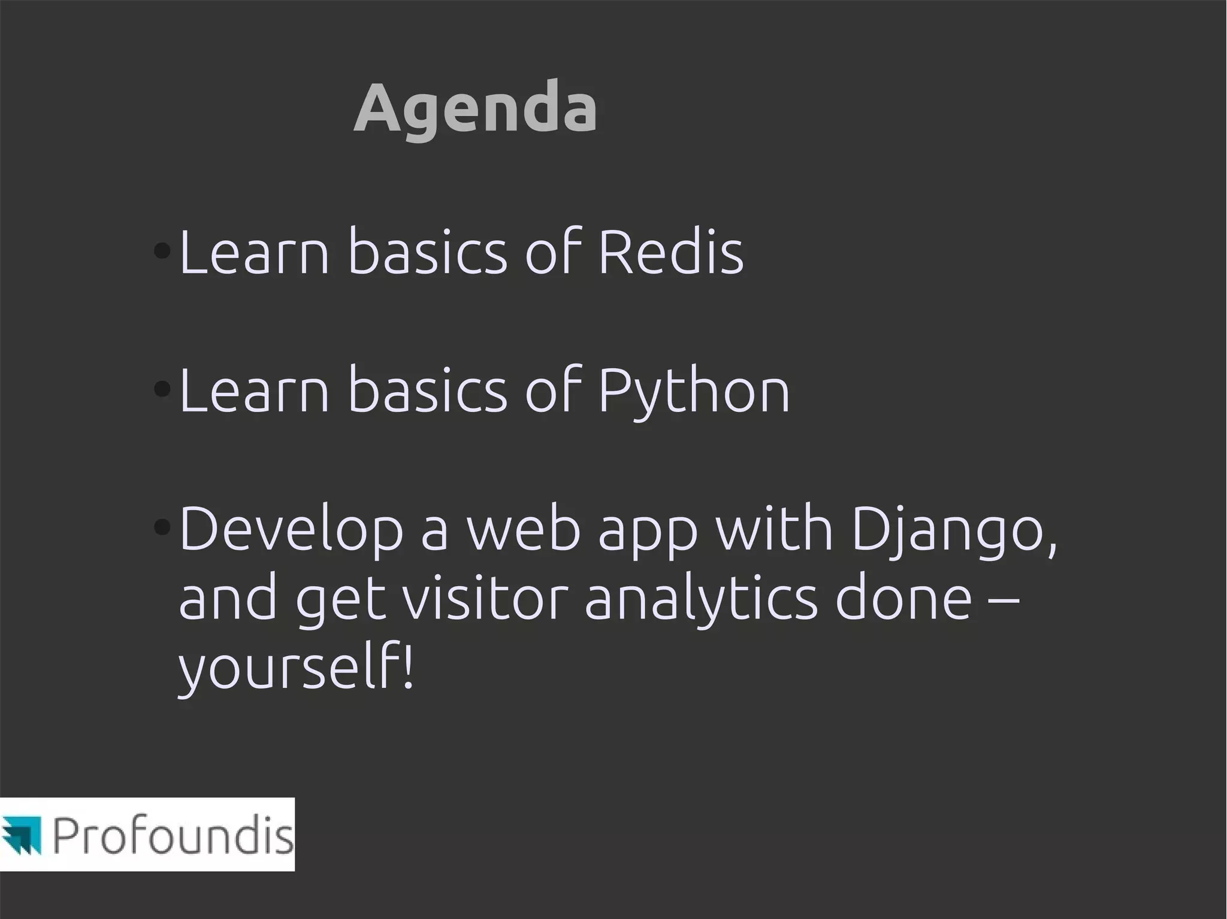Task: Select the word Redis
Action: tap(670, 252)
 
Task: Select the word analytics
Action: tap(700, 600)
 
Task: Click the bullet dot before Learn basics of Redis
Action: tap(162, 250)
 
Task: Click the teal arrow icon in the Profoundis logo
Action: tap(22, 833)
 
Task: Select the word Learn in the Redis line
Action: tap(254, 252)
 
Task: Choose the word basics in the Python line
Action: tap(427, 391)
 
